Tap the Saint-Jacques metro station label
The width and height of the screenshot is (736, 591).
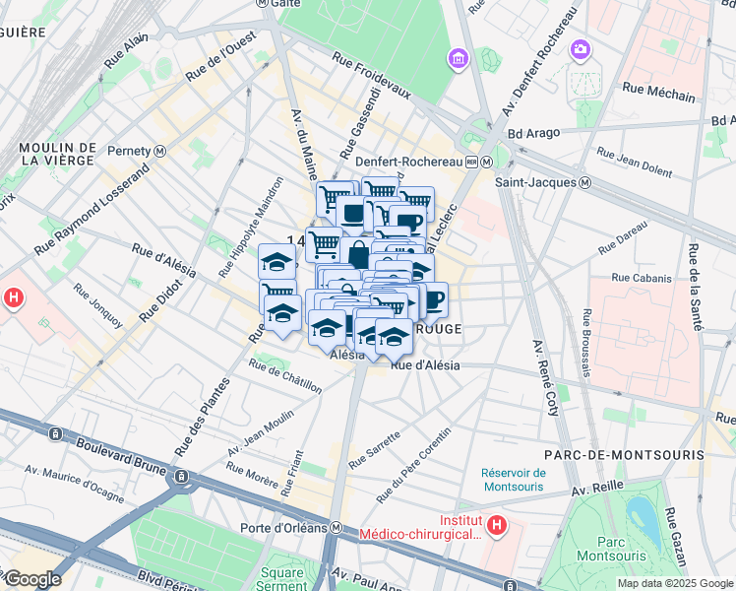tap(542, 182)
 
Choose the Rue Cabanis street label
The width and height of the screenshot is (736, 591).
tap(641, 279)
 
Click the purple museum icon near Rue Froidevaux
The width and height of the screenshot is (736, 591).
tap(457, 60)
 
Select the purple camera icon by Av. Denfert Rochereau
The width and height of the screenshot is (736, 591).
tap(581, 48)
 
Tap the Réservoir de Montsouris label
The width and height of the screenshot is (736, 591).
tap(514, 479)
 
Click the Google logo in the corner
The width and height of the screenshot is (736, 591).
tap(32, 579)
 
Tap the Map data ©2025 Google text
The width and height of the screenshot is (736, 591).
tap(675, 583)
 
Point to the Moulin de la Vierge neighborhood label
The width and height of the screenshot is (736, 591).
tap(56, 154)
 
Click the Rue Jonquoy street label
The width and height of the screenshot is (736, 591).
tap(97, 307)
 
